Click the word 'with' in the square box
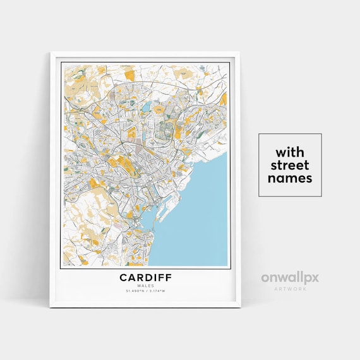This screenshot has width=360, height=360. tap(290, 152)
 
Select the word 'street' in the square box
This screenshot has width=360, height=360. tap(290, 165)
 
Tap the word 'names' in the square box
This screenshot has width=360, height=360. tap(290, 179)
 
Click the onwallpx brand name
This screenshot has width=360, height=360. tap(290, 277)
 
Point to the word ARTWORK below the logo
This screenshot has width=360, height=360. tap(290, 289)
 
